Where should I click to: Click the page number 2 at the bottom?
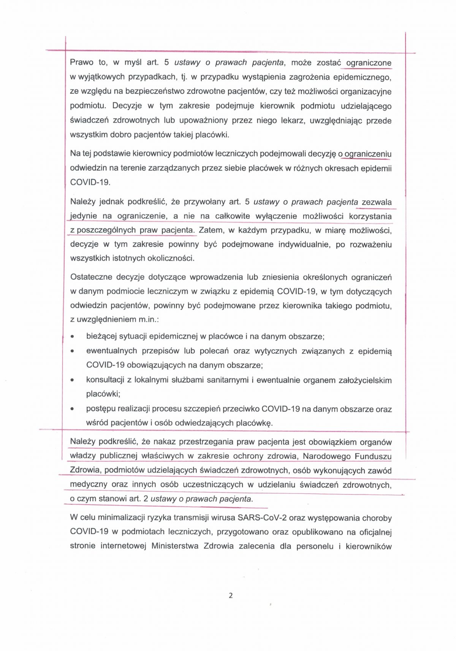tap(231, 595)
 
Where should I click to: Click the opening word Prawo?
tap(82, 62)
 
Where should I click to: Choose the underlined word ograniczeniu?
tap(368, 154)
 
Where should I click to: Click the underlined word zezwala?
tap(377, 202)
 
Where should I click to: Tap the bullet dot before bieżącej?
tap(72, 337)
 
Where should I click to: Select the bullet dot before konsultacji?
tap(72, 380)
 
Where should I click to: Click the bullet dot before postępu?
tap(72, 409)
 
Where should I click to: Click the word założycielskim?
tap(365, 380)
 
